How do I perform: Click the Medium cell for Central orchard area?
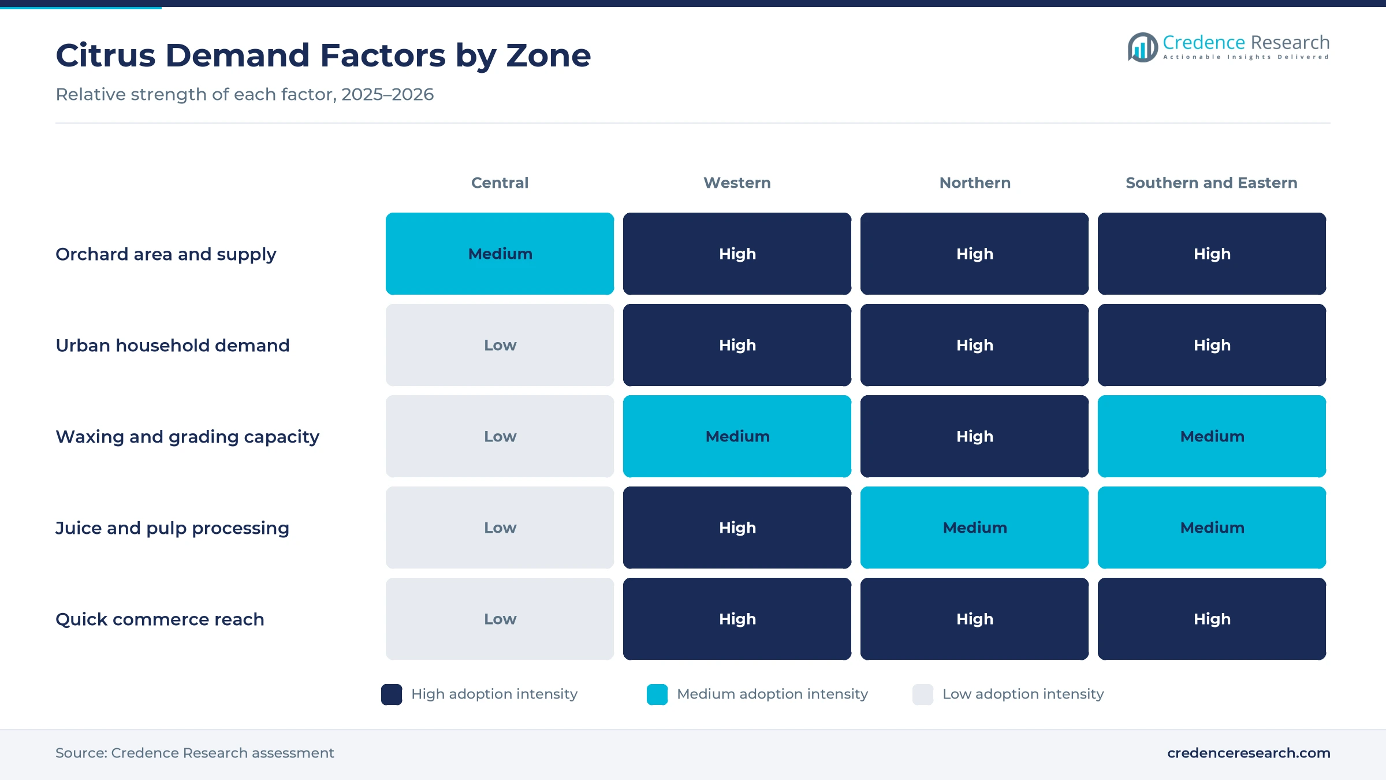pos(500,254)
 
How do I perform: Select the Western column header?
pos(737,183)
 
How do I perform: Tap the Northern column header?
pos(975,183)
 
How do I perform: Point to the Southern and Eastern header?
pos(1212,183)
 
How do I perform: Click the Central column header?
pos(500,183)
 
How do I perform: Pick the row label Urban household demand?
pos(172,346)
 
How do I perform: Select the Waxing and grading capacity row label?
pos(187,437)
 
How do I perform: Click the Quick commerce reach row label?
pos(159,619)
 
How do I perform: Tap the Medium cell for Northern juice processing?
pos(974,528)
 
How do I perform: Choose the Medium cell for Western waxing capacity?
pos(737,436)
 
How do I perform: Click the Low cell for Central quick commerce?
pos(500,619)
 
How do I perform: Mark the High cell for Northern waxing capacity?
pos(974,436)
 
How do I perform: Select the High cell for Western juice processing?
pos(737,528)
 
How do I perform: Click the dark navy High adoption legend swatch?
pos(392,694)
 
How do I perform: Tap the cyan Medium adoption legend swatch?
pos(657,694)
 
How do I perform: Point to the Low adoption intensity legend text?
pos(1023,694)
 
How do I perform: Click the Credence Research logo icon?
pos(1142,47)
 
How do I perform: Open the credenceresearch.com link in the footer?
pos(1249,753)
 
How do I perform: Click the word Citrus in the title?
pos(106,55)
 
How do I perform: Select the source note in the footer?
pos(195,753)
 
